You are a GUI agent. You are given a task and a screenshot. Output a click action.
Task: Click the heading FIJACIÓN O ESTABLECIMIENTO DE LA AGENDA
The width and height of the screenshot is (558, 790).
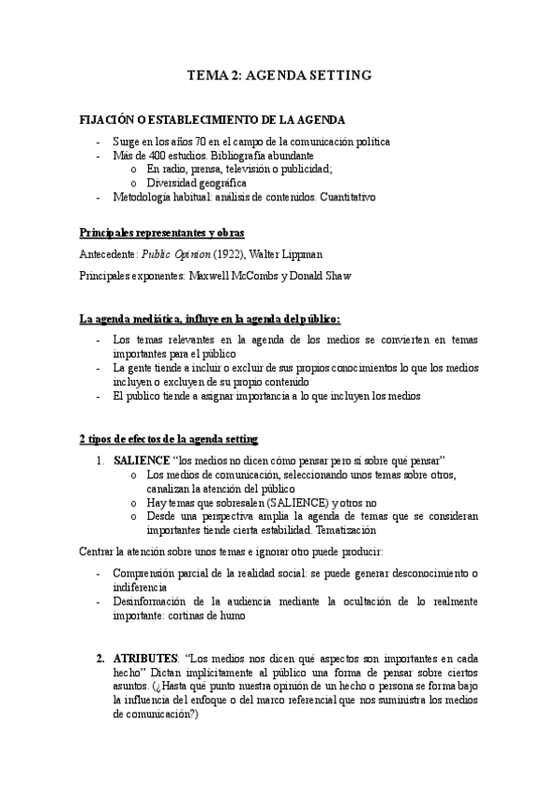(x=212, y=120)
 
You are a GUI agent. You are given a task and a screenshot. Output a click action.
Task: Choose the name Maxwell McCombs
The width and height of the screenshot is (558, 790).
(x=238, y=276)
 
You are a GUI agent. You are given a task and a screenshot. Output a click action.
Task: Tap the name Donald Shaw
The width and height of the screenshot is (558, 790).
(x=331, y=276)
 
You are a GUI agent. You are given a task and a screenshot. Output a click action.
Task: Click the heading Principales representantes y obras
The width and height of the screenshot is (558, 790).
(x=162, y=231)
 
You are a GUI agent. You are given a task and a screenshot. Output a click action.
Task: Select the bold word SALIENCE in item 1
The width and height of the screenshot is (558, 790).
(x=143, y=461)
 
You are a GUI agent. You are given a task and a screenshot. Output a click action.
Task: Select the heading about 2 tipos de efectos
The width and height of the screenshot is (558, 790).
(x=170, y=439)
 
